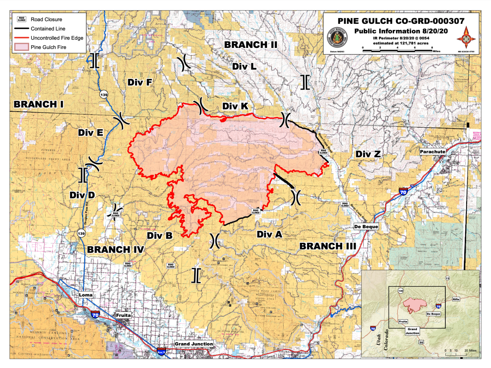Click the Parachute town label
pyautogui.click(x=432, y=152)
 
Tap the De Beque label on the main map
pyautogui.click(x=366, y=227)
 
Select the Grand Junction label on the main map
pyautogui.click(x=194, y=344)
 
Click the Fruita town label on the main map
pyautogui.click(x=123, y=315)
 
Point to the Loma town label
pyautogui.click(x=86, y=295)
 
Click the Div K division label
pyautogui.click(x=235, y=106)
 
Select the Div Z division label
pyautogui.click(x=368, y=154)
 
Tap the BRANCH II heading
pyautogui.click(x=250, y=44)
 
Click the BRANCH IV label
pyautogui.click(x=115, y=250)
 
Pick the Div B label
pyautogui.click(x=160, y=235)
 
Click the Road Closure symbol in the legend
pyautogui.click(x=21, y=19)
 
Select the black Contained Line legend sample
pyautogui.click(x=21, y=29)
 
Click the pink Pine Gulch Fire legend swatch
pyautogui.click(x=21, y=47)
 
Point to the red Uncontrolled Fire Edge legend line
pyautogui.click(x=21, y=38)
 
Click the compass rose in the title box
pyautogui.click(x=466, y=38)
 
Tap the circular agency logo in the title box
pyautogui.click(x=337, y=38)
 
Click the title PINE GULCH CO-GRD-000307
pyautogui.click(x=401, y=21)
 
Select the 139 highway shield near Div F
pyautogui.click(x=104, y=95)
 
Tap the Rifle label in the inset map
pyautogui.click(x=456, y=299)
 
